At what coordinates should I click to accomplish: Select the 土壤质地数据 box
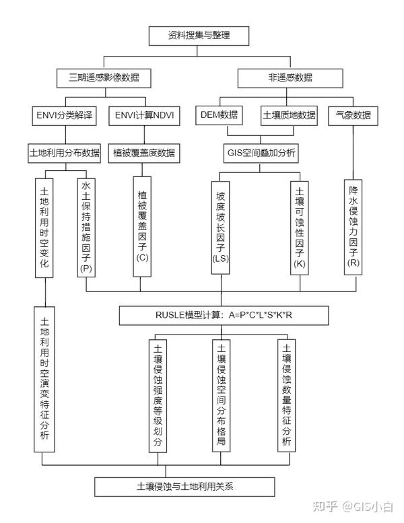(x=288, y=115)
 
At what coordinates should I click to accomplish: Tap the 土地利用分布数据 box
(x=65, y=153)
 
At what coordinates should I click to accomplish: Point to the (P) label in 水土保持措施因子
(x=86, y=268)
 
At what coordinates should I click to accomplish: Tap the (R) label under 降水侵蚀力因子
(x=352, y=263)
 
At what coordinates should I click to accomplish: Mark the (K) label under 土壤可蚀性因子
(x=300, y=264)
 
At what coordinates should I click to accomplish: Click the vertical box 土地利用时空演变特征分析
(x=44, y=379)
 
